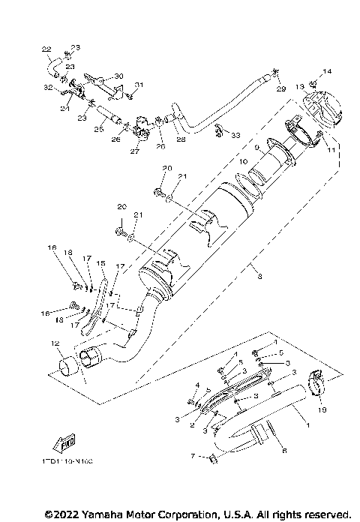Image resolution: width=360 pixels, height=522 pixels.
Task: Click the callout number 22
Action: [46, 49]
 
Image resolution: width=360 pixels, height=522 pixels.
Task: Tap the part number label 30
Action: [118, 76]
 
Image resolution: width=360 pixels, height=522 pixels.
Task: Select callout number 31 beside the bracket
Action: [138, 84]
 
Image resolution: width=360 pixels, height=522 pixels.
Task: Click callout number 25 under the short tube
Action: [97, 129]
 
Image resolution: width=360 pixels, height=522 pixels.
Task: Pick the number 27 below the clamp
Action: [135, 151]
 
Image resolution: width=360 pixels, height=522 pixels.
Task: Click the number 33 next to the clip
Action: [236, 135]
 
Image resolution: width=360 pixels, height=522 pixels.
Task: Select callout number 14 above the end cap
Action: [326, 71]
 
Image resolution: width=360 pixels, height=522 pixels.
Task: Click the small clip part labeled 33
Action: [219, 130]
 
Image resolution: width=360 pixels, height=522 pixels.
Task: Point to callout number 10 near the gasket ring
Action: [242, 161]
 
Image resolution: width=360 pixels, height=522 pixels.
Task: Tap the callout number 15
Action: [100, 263]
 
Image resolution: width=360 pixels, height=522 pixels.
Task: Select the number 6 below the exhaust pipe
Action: [283, 450]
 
